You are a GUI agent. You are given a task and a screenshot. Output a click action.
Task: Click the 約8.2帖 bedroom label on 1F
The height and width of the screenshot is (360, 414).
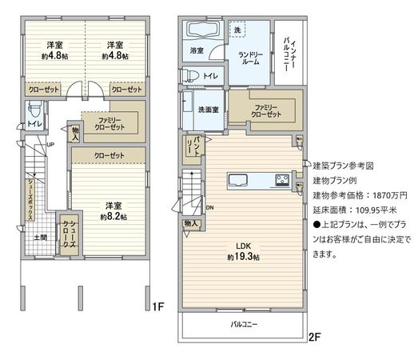tap(111, 211)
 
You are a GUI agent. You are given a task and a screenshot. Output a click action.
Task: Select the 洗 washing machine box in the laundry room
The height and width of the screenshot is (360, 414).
tap(237, 30)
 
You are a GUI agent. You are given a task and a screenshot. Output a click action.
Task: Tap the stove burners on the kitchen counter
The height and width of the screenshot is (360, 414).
tap(282, 178)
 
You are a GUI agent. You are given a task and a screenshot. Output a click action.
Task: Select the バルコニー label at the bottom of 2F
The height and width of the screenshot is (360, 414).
tap(244, 325)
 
